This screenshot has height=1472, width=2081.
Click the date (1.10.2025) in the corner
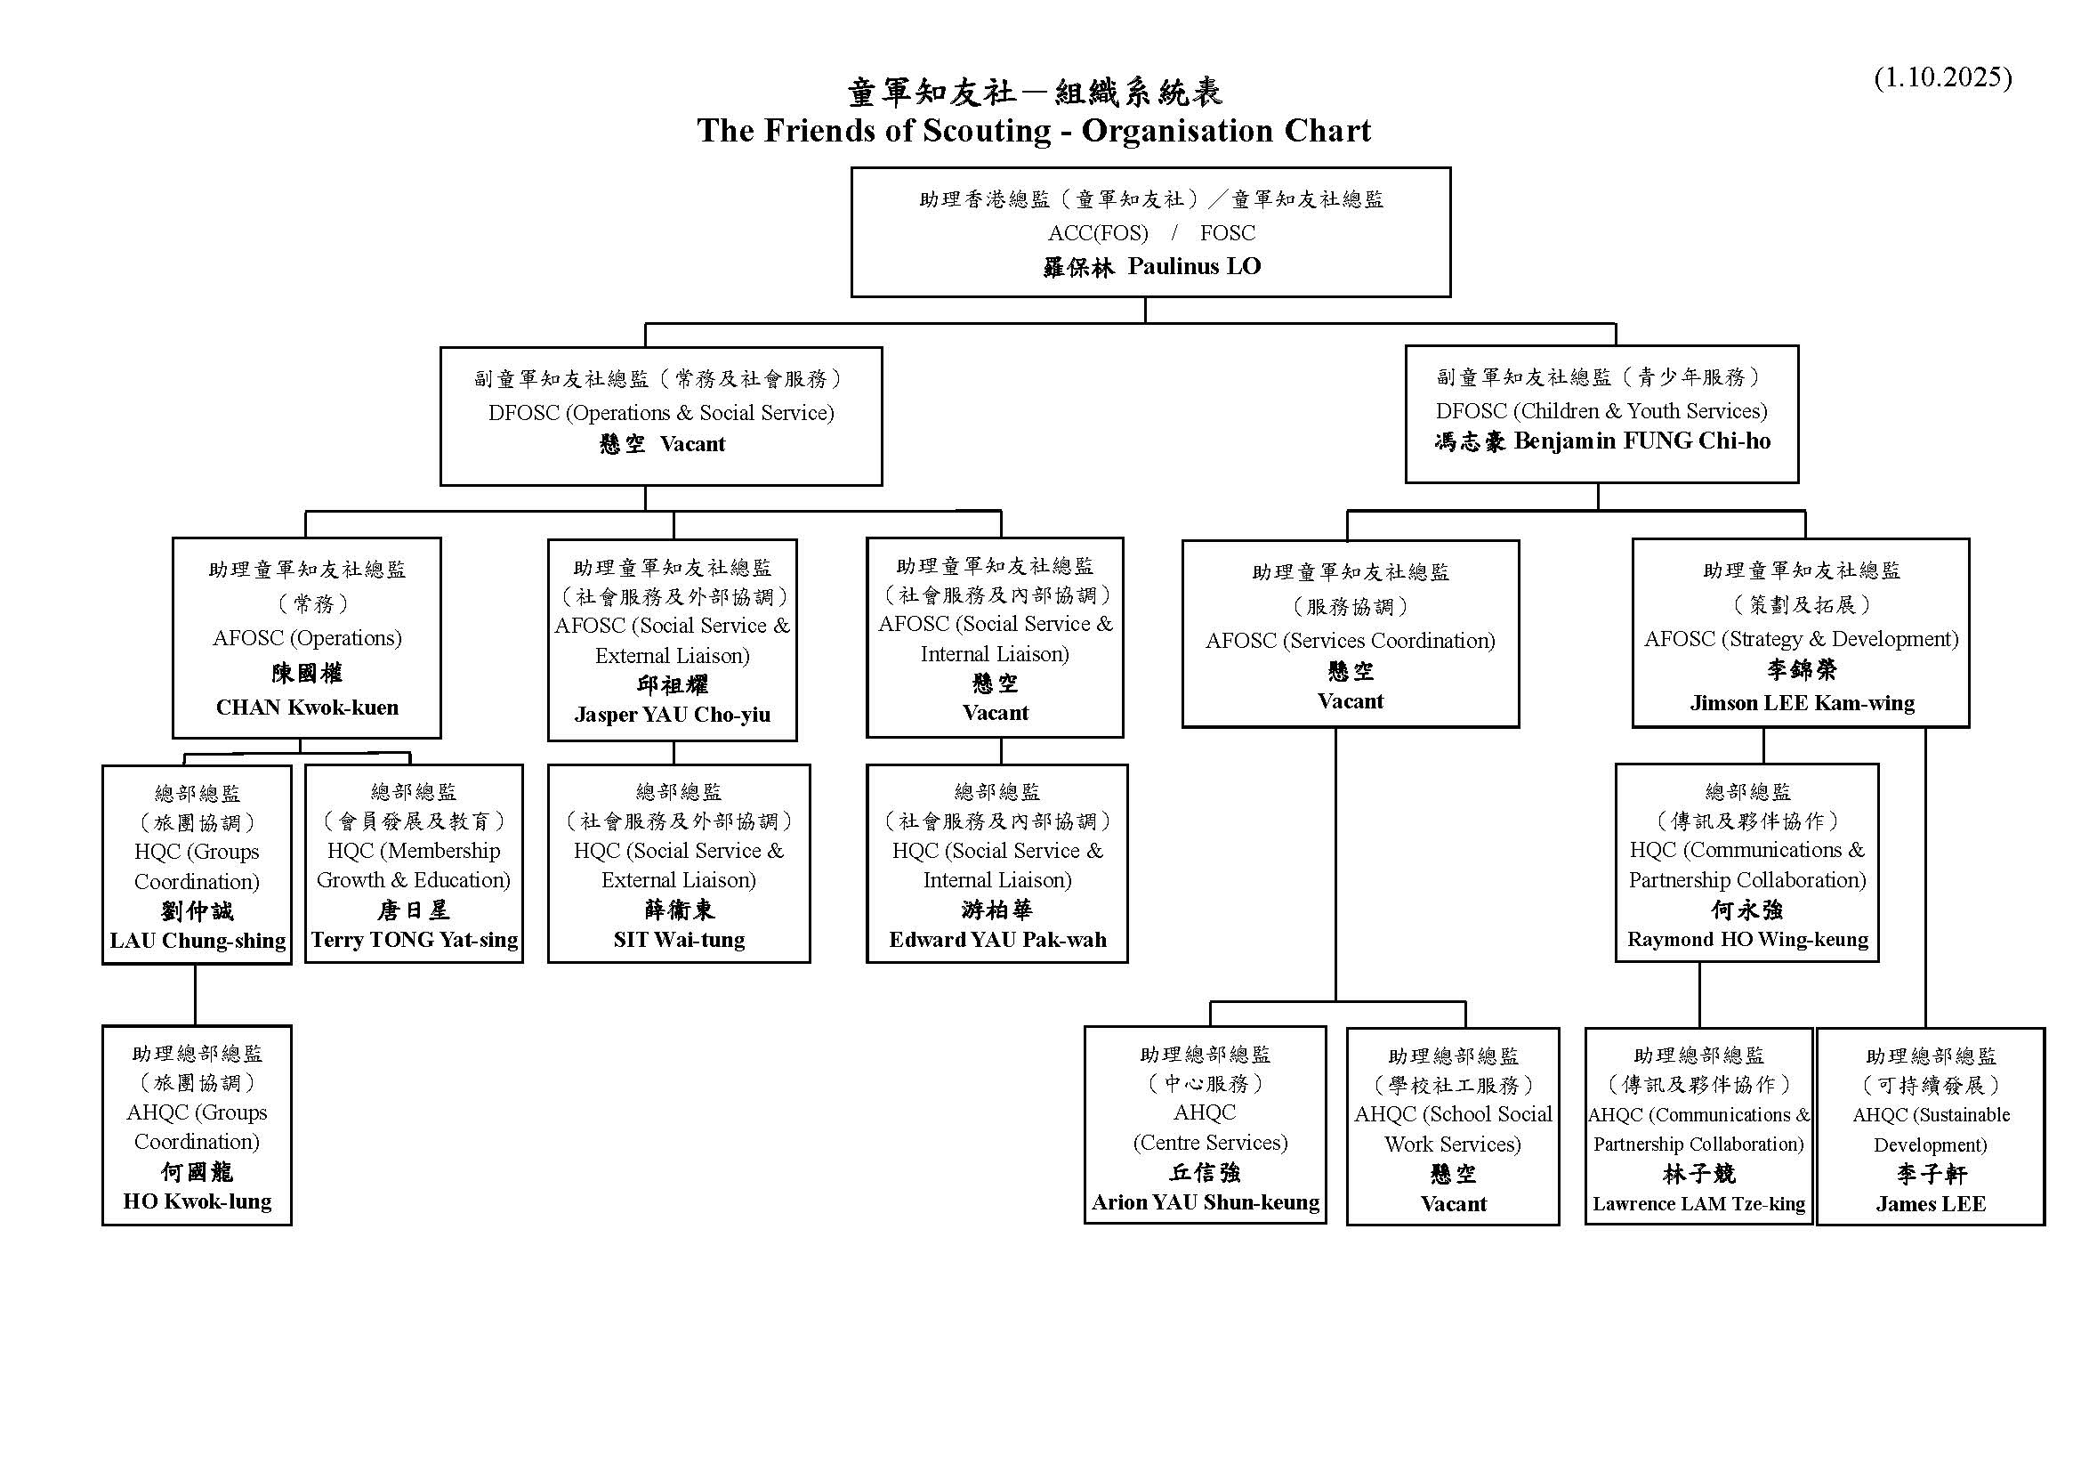1942,77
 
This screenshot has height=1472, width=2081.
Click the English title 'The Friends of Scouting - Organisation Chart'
1034,131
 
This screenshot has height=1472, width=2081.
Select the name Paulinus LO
1194,266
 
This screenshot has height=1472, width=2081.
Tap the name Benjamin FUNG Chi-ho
1642,441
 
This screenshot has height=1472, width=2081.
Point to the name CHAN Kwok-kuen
307,707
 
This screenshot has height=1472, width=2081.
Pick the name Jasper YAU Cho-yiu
673,715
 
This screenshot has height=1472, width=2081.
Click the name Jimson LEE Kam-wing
1802,703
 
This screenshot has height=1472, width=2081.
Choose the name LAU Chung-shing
198,941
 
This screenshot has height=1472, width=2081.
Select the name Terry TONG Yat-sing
415,940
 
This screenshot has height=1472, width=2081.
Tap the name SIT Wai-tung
679,940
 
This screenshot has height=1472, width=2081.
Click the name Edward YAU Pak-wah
997,940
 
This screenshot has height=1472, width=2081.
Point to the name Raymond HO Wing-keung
1747,940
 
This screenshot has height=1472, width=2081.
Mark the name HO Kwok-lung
198,1201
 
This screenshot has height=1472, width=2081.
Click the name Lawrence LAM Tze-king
1698,1204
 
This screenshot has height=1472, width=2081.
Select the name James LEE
1931,1205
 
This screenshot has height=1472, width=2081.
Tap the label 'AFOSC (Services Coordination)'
1351,641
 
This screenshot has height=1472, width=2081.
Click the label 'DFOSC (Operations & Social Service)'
662,413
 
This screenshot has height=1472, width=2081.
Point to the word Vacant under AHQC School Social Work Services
1454,1205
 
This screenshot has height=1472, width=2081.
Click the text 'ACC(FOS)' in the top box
1098,233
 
